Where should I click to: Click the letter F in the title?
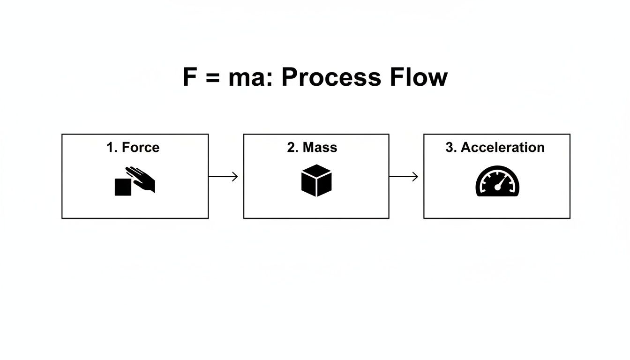[189, 77]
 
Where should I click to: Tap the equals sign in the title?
[212, 78]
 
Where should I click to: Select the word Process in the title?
[331, 77]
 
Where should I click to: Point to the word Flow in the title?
[419, 77]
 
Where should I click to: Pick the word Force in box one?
[141, 148]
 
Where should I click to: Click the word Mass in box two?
[320, 148]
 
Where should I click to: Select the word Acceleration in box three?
[502, 148]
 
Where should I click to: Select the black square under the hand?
[123, 187]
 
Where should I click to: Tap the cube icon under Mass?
[316, 180]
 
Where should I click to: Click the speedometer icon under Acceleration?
[497, 181]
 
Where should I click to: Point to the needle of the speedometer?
[501, 182]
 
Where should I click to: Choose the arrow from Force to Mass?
[223, 177]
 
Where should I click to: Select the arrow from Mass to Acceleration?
[404, 177]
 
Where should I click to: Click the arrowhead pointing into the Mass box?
[235, 177]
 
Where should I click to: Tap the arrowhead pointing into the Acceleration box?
[415, 177]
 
